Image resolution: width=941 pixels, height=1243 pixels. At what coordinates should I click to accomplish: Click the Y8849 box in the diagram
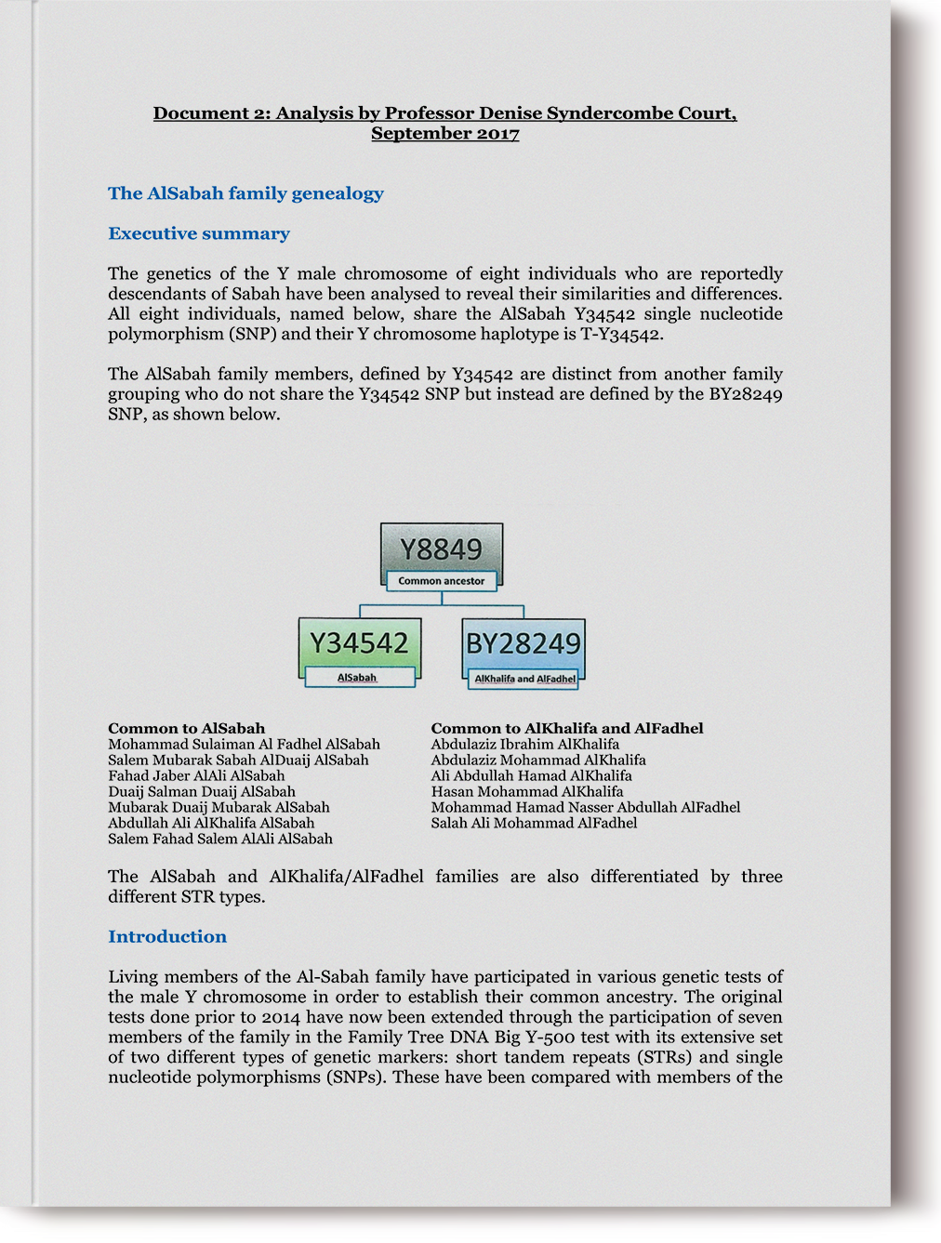click(x=442, y=549)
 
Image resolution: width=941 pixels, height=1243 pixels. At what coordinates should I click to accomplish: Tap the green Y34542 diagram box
click(x=359, y=643)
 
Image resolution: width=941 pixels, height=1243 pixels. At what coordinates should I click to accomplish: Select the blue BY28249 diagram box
click(x=524, y=643)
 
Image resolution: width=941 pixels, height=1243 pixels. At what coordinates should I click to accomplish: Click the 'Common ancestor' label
click(x=442, y=581)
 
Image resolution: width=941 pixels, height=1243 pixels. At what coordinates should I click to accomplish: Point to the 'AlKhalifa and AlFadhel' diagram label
click(x=525, y=679)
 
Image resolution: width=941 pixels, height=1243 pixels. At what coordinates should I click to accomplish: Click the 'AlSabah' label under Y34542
click(x=357, y=678)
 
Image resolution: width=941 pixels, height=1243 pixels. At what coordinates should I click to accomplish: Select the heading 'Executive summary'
click(x=199, y=233)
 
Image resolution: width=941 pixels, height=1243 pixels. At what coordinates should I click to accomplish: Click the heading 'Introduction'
click(x=167, y=936)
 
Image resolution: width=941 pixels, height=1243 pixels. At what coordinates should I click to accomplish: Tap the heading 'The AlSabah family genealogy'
click(x=245, y=193)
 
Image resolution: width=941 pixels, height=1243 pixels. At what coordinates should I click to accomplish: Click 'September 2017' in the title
click(x=444, y=133)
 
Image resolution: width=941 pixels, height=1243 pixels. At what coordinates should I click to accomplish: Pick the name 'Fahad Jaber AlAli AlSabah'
click(x=196, y=775)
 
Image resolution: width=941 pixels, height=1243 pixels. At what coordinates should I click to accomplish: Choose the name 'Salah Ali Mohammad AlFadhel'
click(x=534, y=823)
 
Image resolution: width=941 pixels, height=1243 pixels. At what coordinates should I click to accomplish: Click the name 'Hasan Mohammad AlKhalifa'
click(x=527, y=791)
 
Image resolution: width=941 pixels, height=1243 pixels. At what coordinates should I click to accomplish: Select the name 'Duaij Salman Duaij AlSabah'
click(x=202, y=791)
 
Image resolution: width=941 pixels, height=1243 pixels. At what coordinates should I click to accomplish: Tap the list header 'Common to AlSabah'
click(x=186, y=728)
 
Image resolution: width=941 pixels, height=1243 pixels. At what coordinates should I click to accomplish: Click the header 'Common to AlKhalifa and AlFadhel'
click(x=567, y=728)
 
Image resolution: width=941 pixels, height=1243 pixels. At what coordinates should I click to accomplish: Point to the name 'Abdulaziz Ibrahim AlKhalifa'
click(x=525, y=744)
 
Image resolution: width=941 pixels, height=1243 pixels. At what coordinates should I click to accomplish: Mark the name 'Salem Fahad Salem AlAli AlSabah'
click(x=220, y=839)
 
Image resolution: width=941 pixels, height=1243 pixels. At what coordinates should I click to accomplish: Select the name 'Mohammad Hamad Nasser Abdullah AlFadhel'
click(x=586, y=807)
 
